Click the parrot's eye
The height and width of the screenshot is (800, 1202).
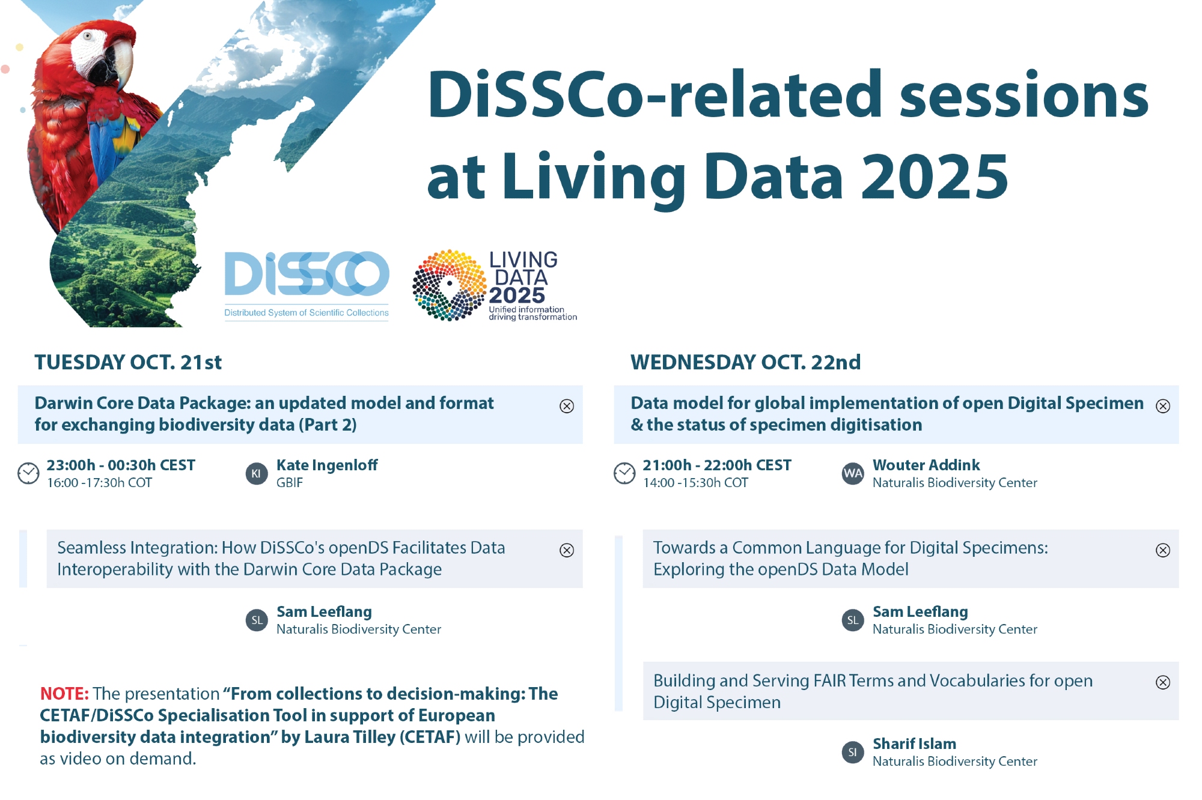(x=88, y=36)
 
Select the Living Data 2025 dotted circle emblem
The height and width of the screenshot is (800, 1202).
(x=450, y=285)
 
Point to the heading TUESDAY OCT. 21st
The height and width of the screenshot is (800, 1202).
(x=128, y=362)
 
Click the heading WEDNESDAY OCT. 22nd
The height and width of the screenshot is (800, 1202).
(x=745, y=362)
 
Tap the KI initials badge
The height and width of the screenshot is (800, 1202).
(x=257, y=473)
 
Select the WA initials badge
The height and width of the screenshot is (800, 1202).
(x=853, y=473)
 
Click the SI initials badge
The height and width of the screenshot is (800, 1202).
(x=853, y=752)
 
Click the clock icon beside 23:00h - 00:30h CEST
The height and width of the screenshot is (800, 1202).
(x=28, y=473)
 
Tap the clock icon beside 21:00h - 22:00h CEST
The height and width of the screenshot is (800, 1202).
(x=624, y=473)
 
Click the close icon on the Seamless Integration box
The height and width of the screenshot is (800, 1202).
(x=567, y=550)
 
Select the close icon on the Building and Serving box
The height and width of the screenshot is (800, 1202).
(x=1163, y=682)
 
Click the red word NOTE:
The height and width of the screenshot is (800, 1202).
(x=64, y=694)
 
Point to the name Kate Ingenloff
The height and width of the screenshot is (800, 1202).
(x=327, y=465)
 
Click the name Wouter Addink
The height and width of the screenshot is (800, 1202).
(x=926, y=465)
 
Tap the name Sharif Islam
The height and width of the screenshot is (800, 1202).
(x=914, y=744)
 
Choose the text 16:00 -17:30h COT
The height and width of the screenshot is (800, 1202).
(x=100, y=483)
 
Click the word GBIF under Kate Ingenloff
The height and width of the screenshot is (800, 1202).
(x=290, y=483)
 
